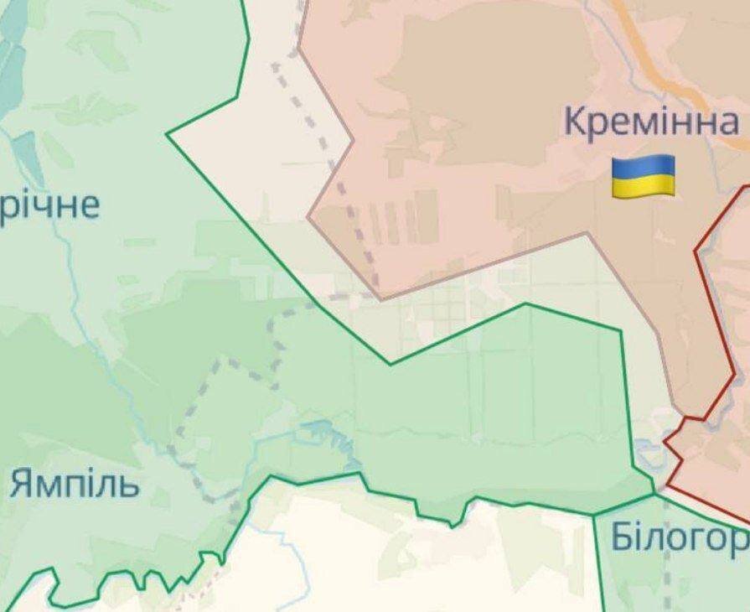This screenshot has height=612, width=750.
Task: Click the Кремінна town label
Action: click(x=651, y=123)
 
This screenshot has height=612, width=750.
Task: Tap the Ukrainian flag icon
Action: click(x=644, y=176)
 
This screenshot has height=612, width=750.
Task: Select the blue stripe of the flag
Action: click(x=644, y=165)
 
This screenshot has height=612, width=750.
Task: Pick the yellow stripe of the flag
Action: click(x=644, y=186)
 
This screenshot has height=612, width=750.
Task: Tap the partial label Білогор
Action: click(x=679, y=537)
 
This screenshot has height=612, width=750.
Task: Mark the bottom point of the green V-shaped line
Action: click(x=391, y=364)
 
